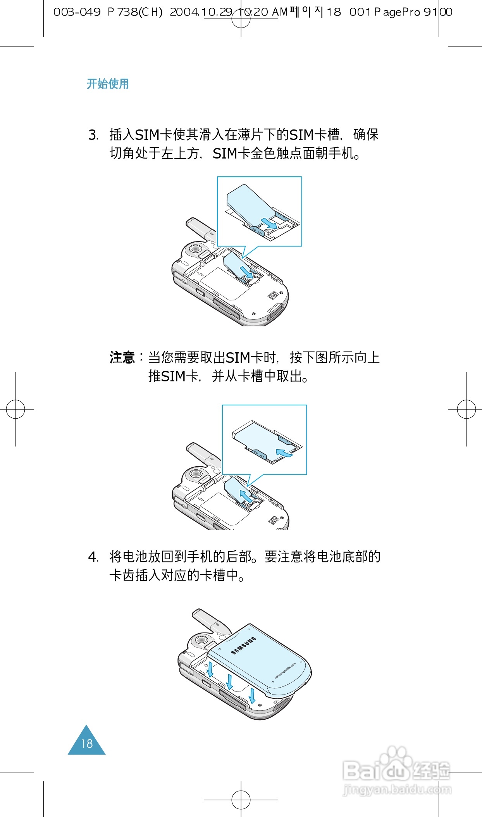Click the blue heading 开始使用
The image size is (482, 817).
coord(108,84)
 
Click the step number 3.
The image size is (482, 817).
coord(93,135)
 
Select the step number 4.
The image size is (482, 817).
coord(93,557)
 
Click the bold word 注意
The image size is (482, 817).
coord(122,357)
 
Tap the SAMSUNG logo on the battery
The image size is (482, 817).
coord(243,646)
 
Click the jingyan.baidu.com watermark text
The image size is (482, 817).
coord(398,789)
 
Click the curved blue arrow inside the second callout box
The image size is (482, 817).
coord(284,452)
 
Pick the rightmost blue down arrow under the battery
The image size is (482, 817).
coord(252,696)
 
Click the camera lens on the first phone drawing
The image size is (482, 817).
coord(195,248)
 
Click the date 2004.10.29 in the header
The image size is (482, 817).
coord(201,12)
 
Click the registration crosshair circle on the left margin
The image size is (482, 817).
coord(15,409)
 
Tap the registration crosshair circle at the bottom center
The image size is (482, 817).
coord(241,800)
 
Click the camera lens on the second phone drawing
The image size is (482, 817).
coord(196,473)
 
